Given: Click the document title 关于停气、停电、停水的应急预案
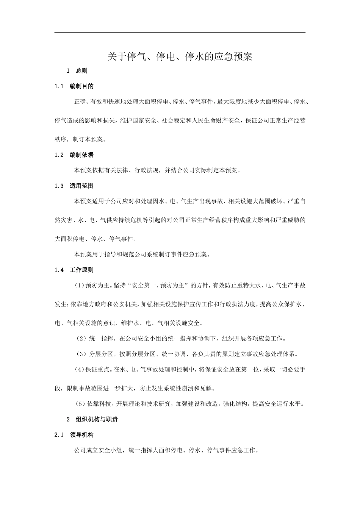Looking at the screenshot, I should point(180,57).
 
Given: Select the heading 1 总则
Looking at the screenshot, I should point(77,71).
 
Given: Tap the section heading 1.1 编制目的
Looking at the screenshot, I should point(74,86).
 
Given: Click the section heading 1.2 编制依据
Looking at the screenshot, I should point(74,155).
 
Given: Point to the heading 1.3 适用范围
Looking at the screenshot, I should point(74,186).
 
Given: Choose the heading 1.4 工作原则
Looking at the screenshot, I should point(74,270).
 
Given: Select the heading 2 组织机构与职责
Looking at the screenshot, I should point(92,419).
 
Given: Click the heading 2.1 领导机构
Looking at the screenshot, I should point(74,435).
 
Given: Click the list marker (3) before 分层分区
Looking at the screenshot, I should point(81,354).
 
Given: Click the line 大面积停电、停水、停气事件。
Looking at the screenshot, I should point(96,239).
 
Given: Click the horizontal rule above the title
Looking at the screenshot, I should point(180,33).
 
